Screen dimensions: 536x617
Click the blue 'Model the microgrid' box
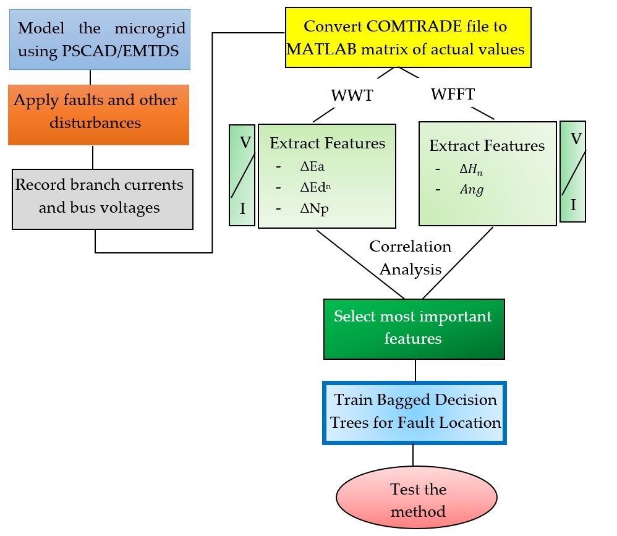(x=99, y=39)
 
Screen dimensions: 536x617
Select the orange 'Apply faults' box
(x=98, y=114)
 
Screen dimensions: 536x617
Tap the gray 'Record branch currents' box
(x=102, y=199)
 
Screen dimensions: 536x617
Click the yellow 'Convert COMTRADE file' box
(x=408, y=37)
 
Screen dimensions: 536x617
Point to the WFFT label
(x=453, y=95)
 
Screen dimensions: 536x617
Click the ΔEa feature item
(x=312, y=167)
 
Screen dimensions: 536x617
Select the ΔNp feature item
(x=314, y=210)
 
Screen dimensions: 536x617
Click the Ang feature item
(x=472, y=190)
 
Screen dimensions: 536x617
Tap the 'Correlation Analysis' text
(x=410, y=258)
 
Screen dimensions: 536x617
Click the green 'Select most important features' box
(x=414, y=328)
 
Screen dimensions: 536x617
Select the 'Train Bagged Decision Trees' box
(x=415, y=412)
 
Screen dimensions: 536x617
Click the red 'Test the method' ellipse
(x=417, y=500)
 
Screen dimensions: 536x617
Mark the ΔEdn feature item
(x=314, y=189)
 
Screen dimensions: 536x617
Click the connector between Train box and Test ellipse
(x=414, y=455)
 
